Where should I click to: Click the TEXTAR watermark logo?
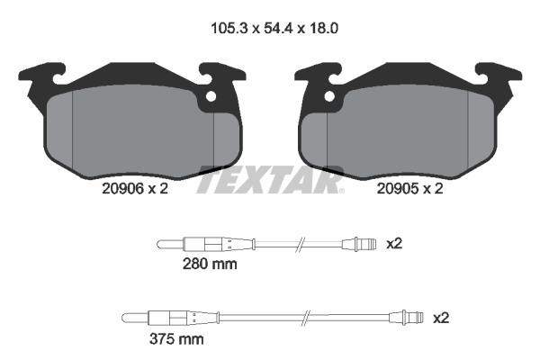[x=270, y=181]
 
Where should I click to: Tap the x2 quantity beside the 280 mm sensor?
[x=393, y=243]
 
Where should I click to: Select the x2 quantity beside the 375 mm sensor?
[x=440, y=318]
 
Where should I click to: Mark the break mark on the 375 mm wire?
[x=309, y=318]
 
